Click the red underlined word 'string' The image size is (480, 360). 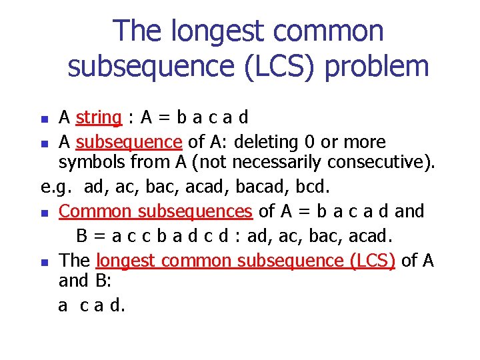click(99, 118)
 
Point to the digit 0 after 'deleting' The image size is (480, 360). click(285, 142)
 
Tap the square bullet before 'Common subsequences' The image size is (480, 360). click(44, 213)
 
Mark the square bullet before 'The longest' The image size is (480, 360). click(44, 261)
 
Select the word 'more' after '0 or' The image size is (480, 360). click(363, 142)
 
